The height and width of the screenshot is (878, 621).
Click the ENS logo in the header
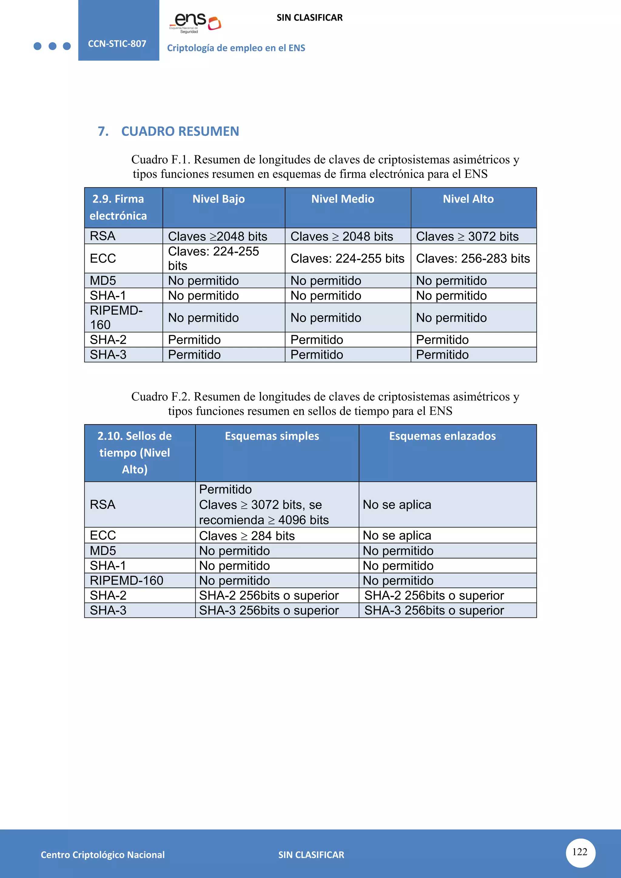[195, 22]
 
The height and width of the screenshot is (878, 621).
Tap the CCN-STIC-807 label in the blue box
[117, 44]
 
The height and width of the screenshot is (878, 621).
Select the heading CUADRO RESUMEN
[180, 131]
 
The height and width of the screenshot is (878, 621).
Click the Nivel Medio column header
[343, 199]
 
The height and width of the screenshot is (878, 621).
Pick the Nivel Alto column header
[468, 199]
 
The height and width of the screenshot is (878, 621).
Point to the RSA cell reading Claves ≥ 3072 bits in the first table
[467, 236]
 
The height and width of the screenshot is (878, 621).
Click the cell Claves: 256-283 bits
[473, 259]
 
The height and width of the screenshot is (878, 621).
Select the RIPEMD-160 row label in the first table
[116, 317]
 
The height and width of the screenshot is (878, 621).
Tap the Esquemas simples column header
[272, 436]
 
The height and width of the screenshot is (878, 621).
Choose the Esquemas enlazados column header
[442, 436]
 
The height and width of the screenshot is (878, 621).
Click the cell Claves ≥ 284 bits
[247, 536]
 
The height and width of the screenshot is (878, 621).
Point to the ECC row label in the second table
[103, 535]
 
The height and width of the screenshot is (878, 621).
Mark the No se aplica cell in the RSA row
[397, 505]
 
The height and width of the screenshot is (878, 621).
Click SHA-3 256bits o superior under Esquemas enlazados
[434, 611]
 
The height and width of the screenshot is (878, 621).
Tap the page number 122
[580, 852]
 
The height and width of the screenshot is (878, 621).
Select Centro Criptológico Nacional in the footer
[102, 855]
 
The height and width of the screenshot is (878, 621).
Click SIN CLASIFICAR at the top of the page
[309, 18]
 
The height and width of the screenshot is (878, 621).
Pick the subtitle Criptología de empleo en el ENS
[236, 48]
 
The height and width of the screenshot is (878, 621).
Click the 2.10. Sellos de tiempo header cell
[135, 452]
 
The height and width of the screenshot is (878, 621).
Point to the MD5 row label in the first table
[103, 281]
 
